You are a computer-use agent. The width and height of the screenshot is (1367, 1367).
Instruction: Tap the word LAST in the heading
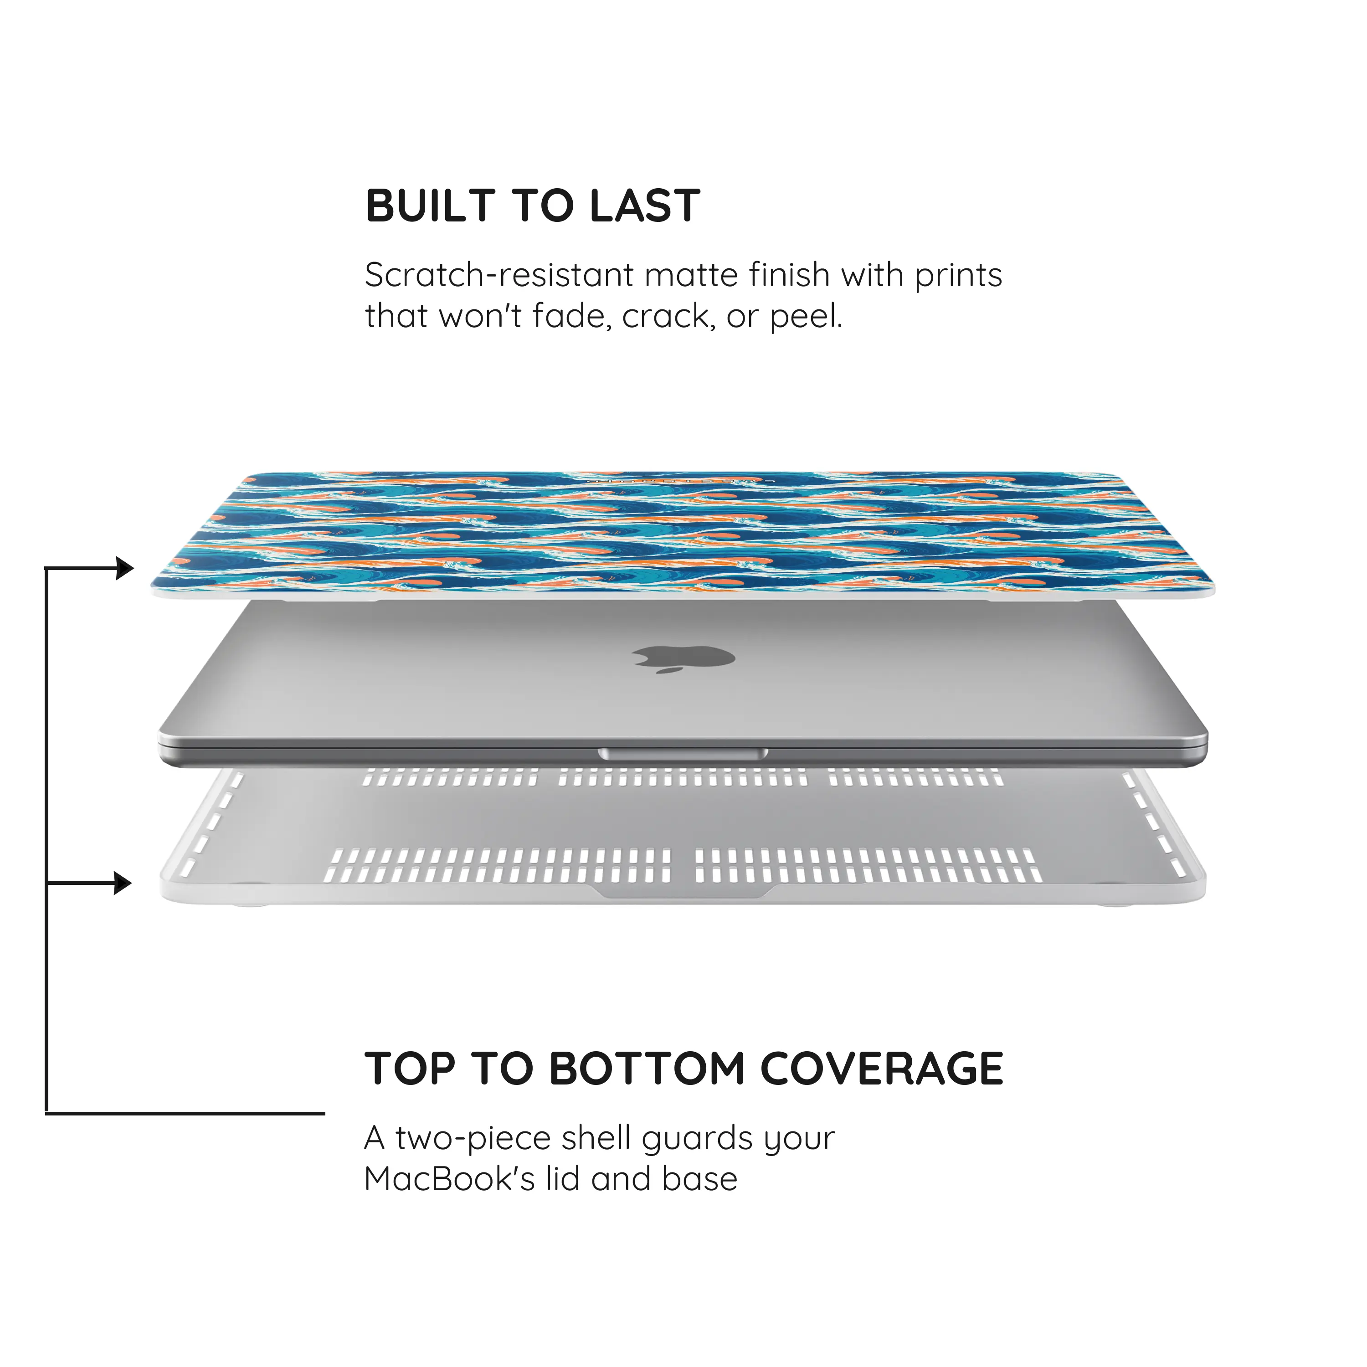tap(645, 206)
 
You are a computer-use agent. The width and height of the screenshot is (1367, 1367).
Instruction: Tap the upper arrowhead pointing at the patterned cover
tap(124, 567)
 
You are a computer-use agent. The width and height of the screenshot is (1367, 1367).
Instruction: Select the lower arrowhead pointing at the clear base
tap(123, 883)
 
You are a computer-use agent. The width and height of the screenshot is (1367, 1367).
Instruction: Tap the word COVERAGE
tap(882, 1069)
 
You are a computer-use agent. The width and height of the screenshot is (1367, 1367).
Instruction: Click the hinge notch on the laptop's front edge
tap(683, 754)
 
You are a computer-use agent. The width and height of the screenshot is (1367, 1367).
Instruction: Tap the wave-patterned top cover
tap(683, 535)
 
